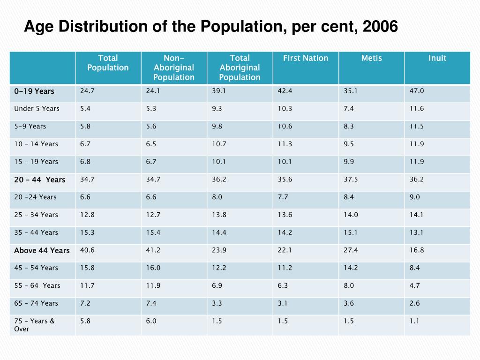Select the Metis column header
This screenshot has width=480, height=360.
point(371,58)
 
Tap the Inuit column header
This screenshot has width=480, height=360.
point(437,58)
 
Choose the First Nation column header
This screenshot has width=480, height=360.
point(305,58)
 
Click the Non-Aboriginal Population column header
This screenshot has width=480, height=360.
point(173,67)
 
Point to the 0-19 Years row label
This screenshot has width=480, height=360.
point(34,91)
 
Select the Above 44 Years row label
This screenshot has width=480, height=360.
point(42,250)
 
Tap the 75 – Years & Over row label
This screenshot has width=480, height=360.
point(34,325)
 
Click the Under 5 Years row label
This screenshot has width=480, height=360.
point(37,109)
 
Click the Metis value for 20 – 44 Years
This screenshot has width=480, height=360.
point(351,180)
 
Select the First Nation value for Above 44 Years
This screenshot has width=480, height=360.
point(285,250)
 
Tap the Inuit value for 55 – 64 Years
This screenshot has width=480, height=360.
point(414,285)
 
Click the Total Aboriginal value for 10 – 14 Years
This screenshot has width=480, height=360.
point(219,144)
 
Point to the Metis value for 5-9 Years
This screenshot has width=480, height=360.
point(348,126)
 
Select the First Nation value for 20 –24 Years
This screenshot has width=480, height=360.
point(283,197)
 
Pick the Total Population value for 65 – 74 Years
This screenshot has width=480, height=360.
point(85,303)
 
